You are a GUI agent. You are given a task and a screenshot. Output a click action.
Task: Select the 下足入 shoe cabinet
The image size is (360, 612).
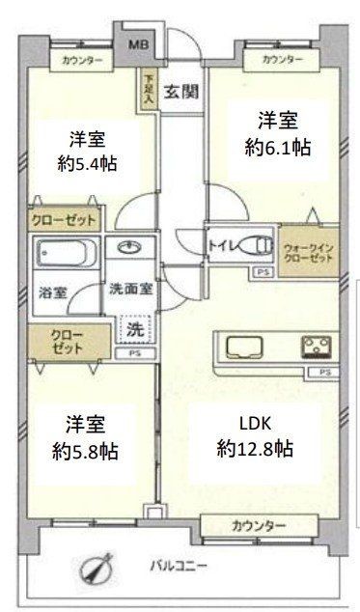pos(149,92)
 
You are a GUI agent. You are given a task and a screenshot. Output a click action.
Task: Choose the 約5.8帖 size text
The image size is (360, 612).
pos(87,450)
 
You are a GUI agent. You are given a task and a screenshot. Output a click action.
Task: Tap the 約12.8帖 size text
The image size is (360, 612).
pos(255,448)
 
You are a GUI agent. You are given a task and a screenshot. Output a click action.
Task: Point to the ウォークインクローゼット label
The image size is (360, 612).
pos(309,253)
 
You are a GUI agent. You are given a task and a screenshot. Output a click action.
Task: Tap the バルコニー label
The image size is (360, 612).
pos(180,565)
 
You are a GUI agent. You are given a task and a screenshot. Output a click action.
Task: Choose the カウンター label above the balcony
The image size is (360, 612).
pos(259,526)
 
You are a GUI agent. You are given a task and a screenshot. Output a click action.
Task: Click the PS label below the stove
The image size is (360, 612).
pos(326,372)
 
